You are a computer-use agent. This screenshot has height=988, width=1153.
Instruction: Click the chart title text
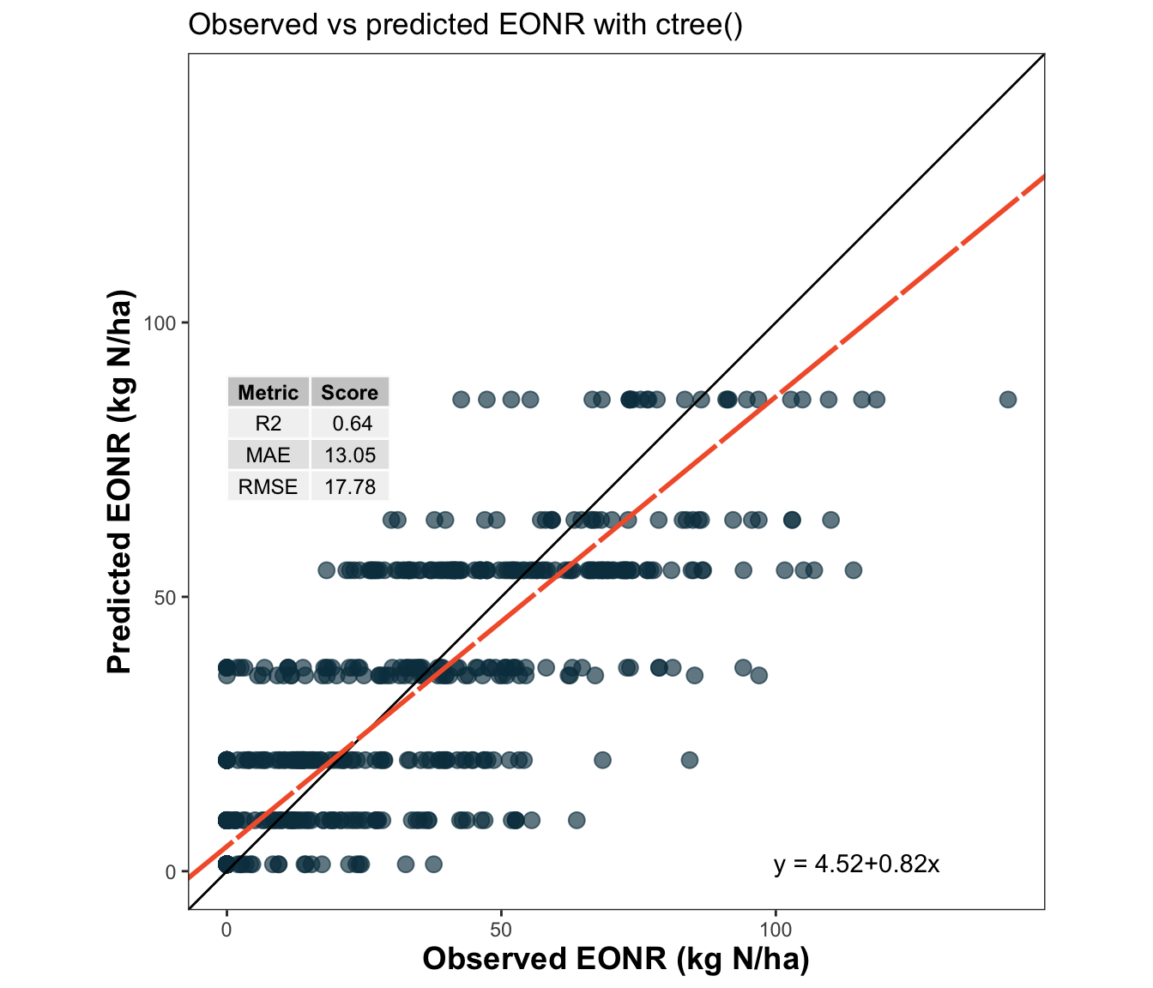tap(465, 25)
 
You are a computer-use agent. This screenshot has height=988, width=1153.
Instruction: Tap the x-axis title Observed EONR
tap(615, 959)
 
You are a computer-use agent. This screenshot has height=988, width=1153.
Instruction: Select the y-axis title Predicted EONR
tap(121, 482)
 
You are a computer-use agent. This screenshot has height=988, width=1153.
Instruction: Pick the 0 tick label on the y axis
tap(170, 872)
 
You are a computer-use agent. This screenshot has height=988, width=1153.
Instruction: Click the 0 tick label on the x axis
tap(226, 931)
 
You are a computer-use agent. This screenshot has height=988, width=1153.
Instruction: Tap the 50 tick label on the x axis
tap(501, 931)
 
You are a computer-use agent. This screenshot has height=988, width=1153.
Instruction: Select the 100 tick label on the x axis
tap(776, 931)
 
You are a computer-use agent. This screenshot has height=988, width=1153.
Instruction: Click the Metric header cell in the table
tap(269, 393)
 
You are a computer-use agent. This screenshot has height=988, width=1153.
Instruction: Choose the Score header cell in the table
tap(349, 393)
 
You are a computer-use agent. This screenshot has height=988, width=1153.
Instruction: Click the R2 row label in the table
tap(269, 424)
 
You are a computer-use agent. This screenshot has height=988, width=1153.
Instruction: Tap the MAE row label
tap(269, 455)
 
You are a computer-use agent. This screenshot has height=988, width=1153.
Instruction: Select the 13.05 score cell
tap(350, 455)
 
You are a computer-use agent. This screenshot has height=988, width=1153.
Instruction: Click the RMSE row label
tap(269, 487)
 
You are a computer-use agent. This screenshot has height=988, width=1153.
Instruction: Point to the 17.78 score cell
tap(350, 487)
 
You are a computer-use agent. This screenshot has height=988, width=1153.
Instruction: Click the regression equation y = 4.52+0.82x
tap(856, 864)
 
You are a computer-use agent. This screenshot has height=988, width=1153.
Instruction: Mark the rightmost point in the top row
tap(1008, 400)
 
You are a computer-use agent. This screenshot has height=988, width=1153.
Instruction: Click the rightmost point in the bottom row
tap(433, 864)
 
